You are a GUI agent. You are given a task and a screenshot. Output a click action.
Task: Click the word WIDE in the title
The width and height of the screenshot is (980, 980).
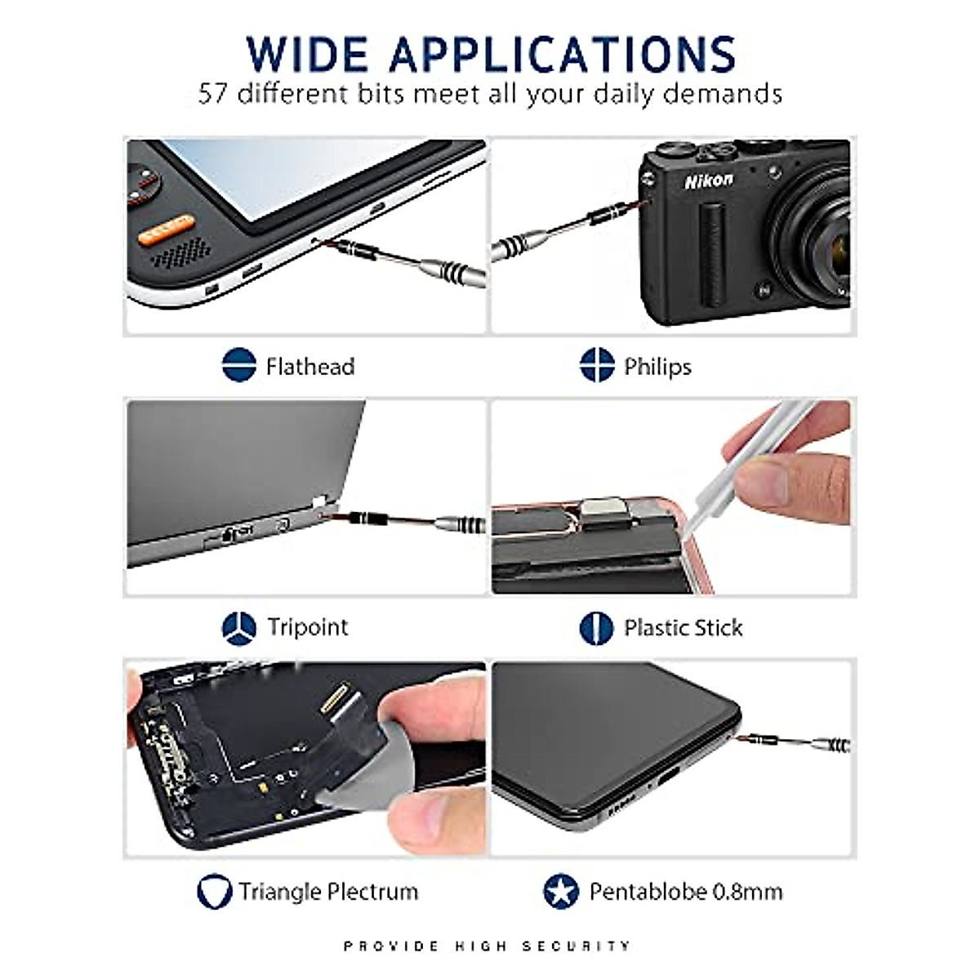pos(308,54)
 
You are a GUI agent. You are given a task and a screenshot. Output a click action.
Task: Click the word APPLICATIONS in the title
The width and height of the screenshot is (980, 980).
pos(563,54)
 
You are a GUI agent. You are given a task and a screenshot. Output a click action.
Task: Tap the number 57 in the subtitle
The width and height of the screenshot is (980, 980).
pos(212,94)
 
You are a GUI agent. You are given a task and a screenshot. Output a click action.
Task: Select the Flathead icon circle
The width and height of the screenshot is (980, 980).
pos(238,365)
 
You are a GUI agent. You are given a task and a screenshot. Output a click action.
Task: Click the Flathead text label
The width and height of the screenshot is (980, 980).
pos(310,367)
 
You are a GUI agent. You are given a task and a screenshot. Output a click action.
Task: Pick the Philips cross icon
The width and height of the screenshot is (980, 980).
pos(597,365)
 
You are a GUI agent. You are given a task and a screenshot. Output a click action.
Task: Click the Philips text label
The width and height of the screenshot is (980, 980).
pos(657,367)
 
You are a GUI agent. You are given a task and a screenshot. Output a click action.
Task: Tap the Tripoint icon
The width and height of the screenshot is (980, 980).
pos(238,628)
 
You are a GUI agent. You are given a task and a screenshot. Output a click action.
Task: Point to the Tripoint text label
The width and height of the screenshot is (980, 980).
pos(308,627)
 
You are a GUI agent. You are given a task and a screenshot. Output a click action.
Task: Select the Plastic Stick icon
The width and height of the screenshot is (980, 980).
pos(596,628)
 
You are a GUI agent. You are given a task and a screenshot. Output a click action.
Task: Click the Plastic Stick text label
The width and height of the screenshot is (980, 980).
pos(684,628)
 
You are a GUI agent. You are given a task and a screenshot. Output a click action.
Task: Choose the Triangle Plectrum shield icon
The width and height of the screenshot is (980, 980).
pos(214,892)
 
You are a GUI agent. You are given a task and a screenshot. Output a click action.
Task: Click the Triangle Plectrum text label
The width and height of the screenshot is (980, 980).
pos(328,891)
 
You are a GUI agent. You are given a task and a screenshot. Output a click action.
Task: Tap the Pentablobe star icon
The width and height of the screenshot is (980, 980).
pos(561,892)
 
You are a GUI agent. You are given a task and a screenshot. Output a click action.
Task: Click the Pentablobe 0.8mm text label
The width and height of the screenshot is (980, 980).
pos(686,891)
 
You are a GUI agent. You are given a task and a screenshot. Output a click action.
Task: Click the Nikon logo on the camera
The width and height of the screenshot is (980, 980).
pos(708,180)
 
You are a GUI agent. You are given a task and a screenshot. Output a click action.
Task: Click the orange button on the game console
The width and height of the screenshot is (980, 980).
pos(167,229)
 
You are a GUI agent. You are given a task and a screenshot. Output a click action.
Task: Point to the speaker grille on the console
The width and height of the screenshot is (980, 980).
pos(182,254)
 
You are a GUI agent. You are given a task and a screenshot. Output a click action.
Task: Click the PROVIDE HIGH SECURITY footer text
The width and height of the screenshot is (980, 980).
pos(488,946)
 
